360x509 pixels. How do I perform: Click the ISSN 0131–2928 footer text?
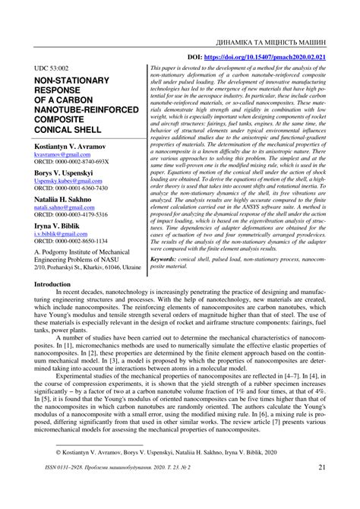pyautogui.click(x=68, y=489)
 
